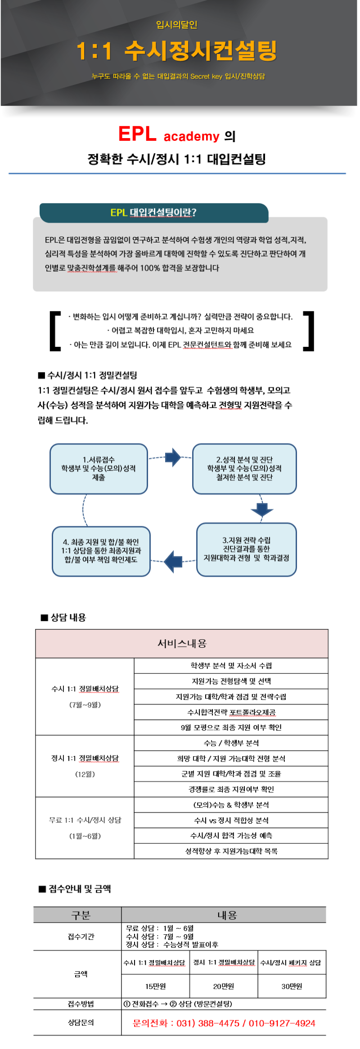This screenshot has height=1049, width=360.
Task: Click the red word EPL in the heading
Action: point(137,134)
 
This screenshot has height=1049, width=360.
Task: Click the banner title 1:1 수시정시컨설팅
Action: point(176,51)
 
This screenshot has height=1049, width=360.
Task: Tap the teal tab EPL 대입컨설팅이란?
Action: point(154,213)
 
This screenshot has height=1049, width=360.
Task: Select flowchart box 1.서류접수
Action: point(99,469)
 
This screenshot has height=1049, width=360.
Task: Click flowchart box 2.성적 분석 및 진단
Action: point(244,469)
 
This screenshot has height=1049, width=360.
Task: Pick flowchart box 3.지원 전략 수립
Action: point(247,549)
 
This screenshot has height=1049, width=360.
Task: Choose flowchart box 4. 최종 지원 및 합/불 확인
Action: point(101,551)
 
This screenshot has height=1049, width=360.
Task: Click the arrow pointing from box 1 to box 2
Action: point(173,457)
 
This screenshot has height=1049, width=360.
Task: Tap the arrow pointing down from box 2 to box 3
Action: point(262,510)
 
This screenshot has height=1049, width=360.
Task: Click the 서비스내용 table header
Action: point(182,644)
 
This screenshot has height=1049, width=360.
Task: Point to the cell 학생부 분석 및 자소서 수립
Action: point(231,666)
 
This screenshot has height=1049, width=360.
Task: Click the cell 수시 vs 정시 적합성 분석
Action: point(231,820)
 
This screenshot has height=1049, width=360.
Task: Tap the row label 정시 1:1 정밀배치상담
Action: point(85,758)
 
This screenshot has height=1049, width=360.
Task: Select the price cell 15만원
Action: point(156,986)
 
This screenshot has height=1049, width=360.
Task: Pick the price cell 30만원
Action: point(292,986)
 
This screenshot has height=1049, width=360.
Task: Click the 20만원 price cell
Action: point(224,986)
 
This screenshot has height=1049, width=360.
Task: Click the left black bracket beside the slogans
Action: point(54,331)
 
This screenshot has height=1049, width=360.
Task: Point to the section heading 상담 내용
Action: point(63,618)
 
